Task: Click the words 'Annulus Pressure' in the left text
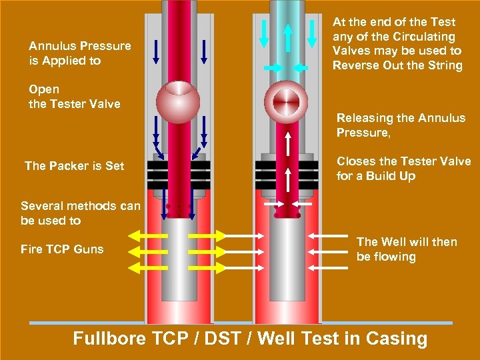click(80, 46)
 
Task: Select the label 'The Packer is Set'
click(74, 166)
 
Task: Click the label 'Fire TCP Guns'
click(62, 249)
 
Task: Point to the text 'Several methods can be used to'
click(81, 213)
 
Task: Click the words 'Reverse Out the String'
click(397, 65)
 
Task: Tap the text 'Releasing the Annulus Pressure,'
click(401, 125)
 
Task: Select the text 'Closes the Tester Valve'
click(403, 161)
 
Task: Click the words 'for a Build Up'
click(376, 176)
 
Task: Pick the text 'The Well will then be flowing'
click(407, 249)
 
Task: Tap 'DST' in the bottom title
click(222, 339)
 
